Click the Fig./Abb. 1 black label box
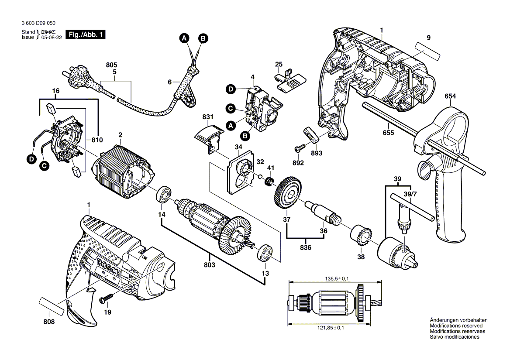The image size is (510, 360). (85, 35)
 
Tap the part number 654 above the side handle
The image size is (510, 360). (450, 96)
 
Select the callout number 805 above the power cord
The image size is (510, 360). (112, 65)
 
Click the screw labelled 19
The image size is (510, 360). (105, 299)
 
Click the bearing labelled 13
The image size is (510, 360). (265, 254)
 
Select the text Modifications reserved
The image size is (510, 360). (456, 326)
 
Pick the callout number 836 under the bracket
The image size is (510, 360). (306, 248)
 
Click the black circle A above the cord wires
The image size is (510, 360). (185, 38)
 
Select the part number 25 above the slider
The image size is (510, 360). (279, 65)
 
